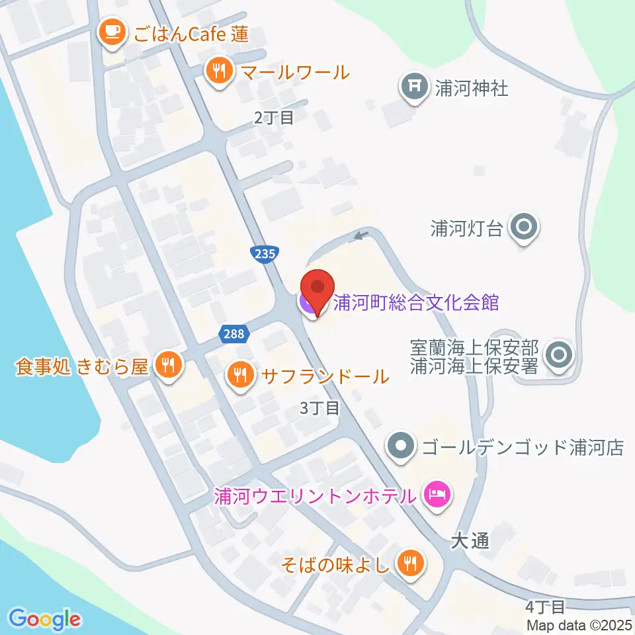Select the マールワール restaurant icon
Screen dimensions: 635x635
tap(219, 70)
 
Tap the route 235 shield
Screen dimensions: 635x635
tap(265, 253)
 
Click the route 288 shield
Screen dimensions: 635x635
tap(235, 335)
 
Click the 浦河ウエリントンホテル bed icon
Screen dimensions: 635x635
tap(437, 494)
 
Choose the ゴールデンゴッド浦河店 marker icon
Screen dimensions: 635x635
tap(400, 447)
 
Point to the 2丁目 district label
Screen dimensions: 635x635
tap(273, 118)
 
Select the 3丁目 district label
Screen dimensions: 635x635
tap(319, 408)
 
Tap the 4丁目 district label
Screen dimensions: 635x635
tap(545, 606)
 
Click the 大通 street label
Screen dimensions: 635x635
tap(470, 541)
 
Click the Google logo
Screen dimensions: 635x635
tap(45, 620)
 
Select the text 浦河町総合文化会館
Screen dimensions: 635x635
tap(416, 303)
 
